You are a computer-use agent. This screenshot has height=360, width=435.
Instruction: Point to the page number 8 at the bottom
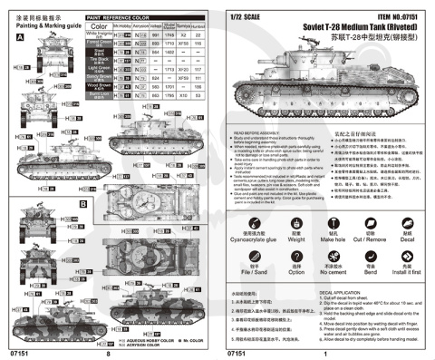coord(108,354)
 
